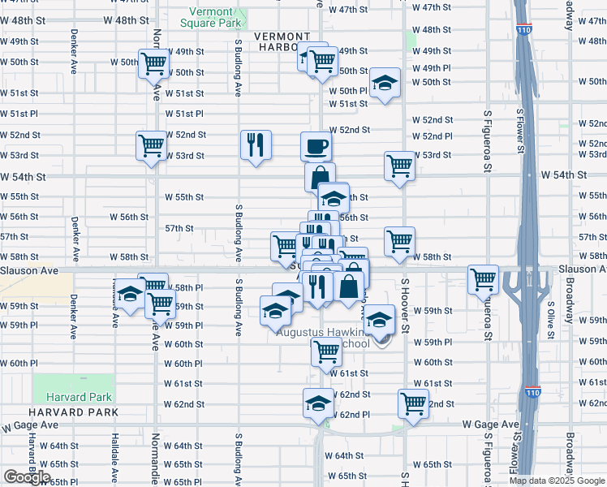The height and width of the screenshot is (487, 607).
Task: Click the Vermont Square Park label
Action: (217, 17)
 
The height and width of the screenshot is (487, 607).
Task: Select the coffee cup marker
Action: (316, 147)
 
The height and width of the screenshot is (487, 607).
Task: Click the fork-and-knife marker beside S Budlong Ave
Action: (256, 145)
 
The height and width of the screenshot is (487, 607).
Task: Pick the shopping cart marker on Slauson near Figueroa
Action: (484, 279)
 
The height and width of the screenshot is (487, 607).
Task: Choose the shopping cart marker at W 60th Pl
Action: (326, 352)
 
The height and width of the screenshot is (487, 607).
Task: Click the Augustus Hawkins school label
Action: (323, 337)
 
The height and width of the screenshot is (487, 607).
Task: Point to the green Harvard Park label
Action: (79, 397)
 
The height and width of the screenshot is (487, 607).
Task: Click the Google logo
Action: (27, 477)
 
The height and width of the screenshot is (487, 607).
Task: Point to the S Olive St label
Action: (550, 321)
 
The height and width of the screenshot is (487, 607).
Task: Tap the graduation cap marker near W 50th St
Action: (385, 84)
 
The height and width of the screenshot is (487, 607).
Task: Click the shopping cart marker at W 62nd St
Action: (413, 403)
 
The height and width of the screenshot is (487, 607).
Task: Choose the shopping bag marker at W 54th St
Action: (321, 177)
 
